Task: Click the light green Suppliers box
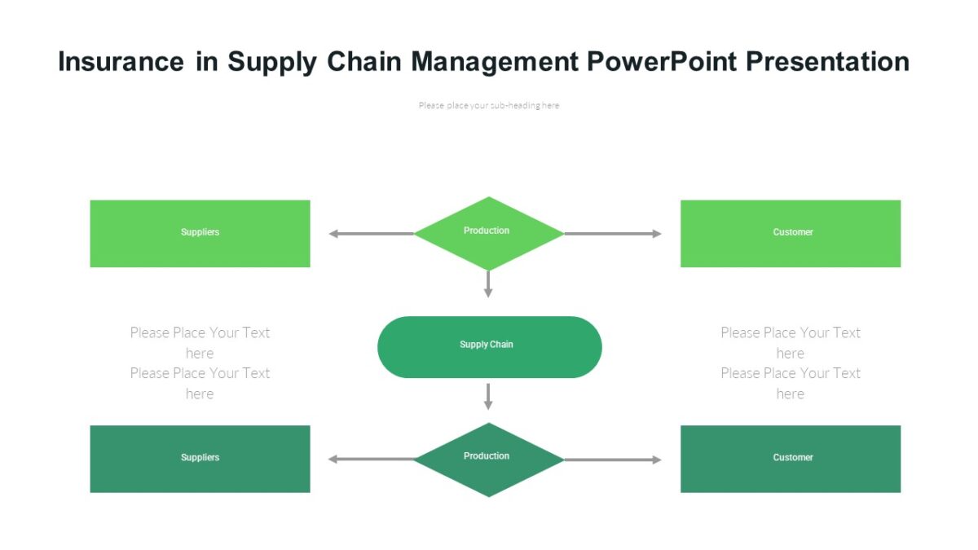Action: [200, 233]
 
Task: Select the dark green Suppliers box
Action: [200, 459]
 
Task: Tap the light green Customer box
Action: [791, 233]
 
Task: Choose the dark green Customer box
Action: [791, 459]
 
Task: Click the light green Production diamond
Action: [488, 233]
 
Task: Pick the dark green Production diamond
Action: [488, 459]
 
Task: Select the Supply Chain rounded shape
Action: [489, 346]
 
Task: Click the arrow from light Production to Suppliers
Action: [372, 234]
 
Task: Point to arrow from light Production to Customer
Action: [612, 234]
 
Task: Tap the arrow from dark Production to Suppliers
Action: [372, 460]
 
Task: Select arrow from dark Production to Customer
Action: [612, 460]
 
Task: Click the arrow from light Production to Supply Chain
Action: [488, 284]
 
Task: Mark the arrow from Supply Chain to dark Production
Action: [488, 396]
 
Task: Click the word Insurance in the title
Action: [121, 62]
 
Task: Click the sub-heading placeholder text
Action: [489, 105]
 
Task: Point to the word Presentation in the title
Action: [828, 62]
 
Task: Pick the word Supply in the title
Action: [272, 62]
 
